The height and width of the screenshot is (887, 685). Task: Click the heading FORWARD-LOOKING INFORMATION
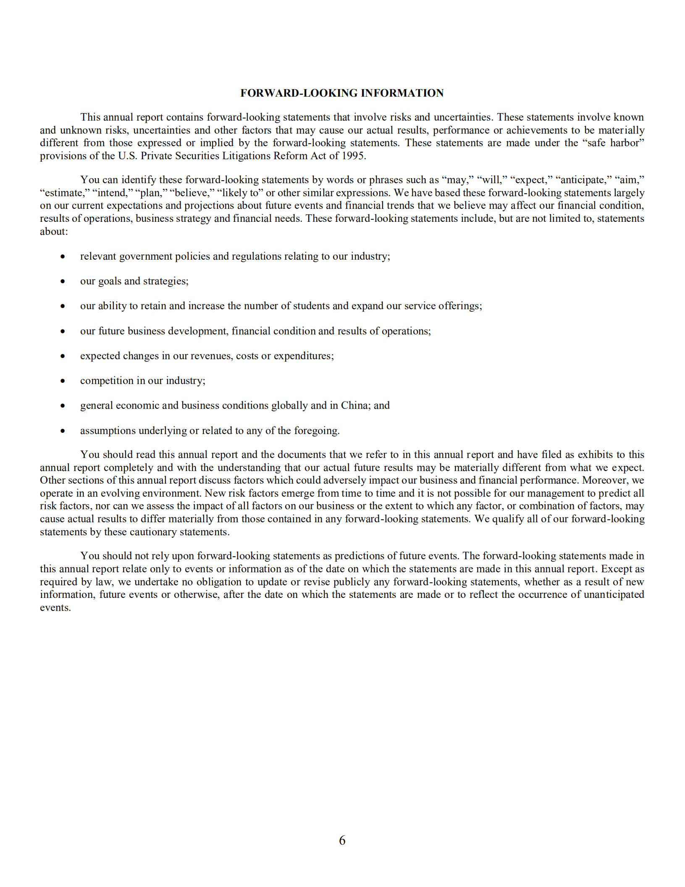tap(342, 93)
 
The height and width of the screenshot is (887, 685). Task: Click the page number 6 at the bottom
tap(342, 840)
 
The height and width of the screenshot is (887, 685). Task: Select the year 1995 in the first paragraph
tap(353, 156)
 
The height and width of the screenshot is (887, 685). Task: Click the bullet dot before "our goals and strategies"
tap(63, 282)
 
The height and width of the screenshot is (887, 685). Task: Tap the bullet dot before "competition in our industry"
tap(63, 381)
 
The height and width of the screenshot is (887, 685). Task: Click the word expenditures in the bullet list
tap(303, 356)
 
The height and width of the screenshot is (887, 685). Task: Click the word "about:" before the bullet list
tap(54, 232)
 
